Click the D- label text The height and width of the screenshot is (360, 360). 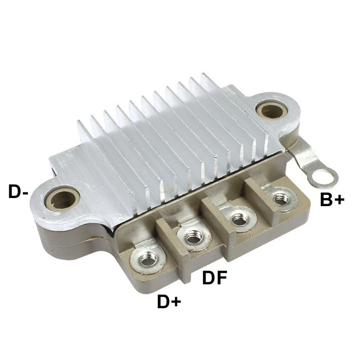coord(18,191)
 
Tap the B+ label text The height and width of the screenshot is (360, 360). coord(332,199)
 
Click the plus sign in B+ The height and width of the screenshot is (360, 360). coord(339,200)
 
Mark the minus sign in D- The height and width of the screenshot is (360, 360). coord(25,193)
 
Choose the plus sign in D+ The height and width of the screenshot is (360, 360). coord(176,302)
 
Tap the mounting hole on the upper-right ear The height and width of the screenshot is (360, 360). coord(272,110)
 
